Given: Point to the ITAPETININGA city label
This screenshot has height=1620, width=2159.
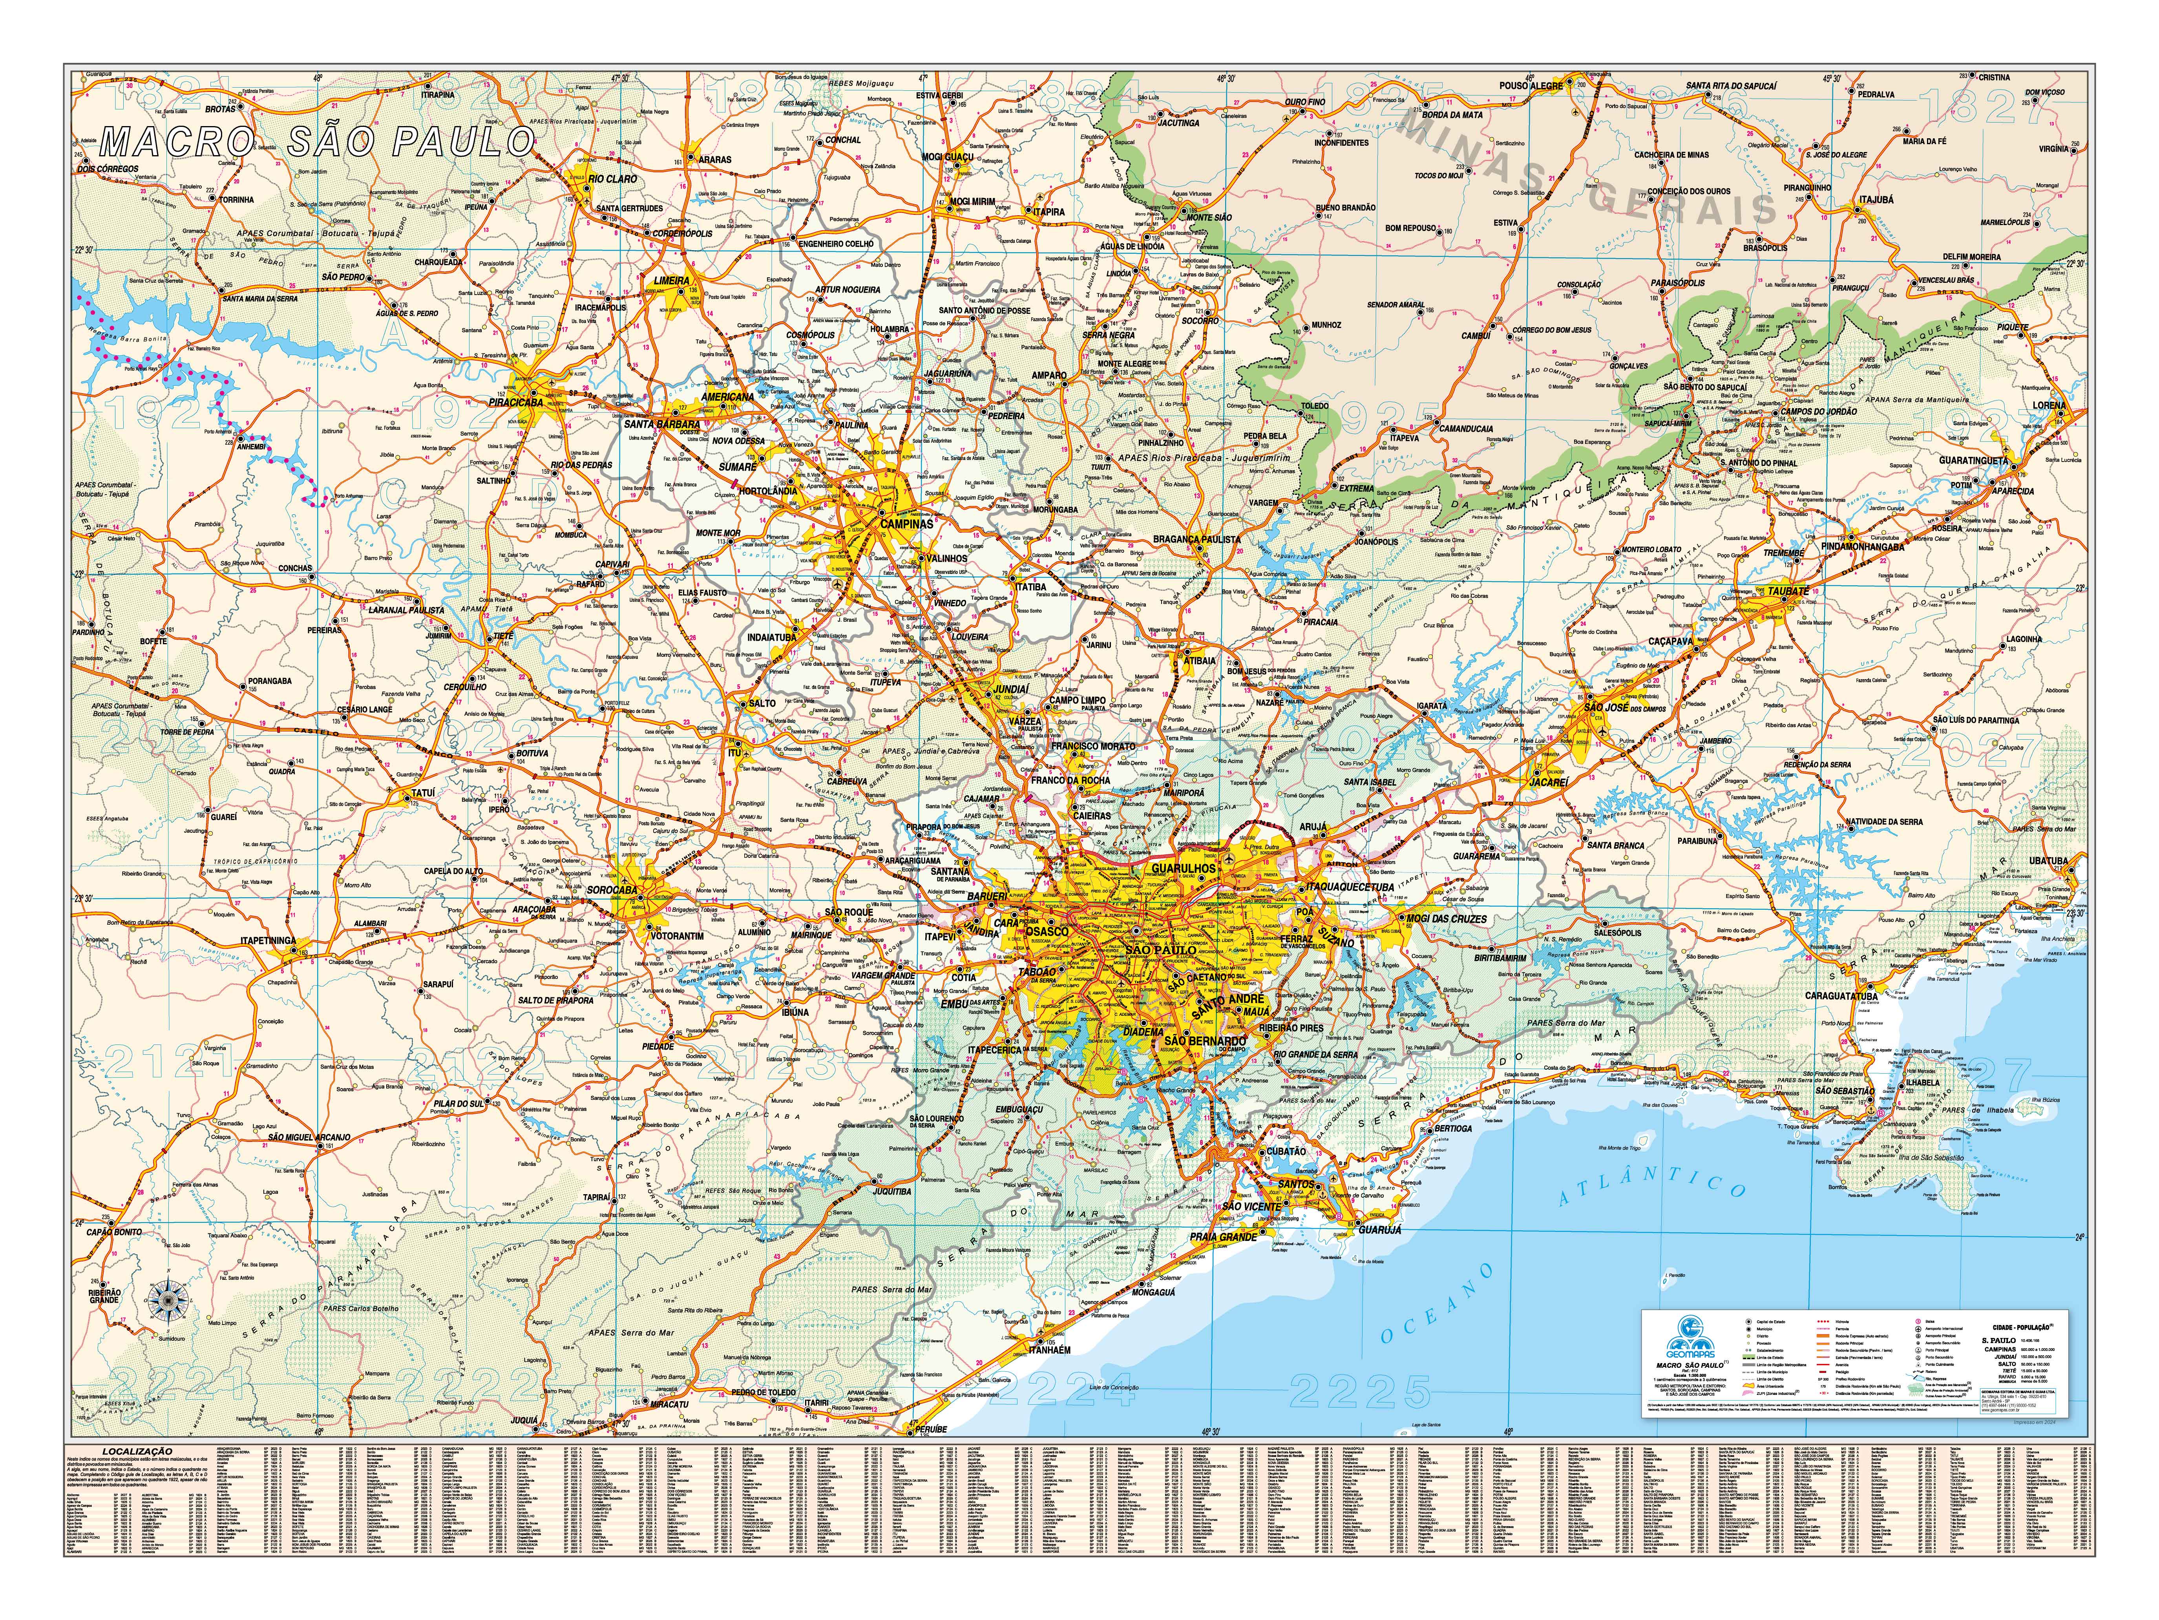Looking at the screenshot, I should click(x=267, y=941).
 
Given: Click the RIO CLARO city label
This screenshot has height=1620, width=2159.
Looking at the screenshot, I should click(x=613, y=179).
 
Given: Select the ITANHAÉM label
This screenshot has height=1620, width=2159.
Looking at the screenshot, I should click(x=1048, y=1349).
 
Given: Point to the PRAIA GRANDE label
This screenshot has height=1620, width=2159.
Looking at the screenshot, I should click(x=1223, y=1237).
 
